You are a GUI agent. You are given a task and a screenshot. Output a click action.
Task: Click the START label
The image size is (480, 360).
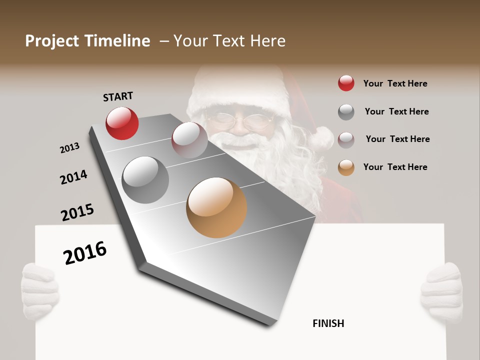click(118, 96)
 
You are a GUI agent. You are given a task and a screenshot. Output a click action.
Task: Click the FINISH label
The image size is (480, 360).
click(328, 323)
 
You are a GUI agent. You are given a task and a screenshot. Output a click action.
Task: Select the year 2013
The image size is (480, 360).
click(69, 148)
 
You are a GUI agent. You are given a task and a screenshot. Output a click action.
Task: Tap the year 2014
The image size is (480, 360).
click(73, 177)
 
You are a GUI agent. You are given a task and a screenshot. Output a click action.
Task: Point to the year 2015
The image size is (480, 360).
click(77, 212)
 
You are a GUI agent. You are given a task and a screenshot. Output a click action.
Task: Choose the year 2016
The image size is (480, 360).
click(85, 252)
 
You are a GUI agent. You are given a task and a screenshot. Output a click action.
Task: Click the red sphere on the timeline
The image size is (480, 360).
click(122, 123)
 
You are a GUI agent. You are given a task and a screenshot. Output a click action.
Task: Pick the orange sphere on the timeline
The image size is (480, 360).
click(216, 207)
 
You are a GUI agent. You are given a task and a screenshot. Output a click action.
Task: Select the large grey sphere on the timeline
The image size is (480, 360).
click(145, 180)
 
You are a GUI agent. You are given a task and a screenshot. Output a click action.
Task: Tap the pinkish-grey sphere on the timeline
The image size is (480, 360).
click(189, 140)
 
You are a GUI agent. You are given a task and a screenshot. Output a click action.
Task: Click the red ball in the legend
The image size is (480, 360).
click(346, 83)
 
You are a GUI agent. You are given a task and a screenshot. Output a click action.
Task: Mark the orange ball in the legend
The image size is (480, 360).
click(346, 167)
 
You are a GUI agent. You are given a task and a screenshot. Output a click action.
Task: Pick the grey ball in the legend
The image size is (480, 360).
click(346, 112)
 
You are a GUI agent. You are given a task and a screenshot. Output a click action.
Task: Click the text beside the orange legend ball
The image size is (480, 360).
click(395, 167)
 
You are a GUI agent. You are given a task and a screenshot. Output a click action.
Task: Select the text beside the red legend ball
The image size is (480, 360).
click(395, 83)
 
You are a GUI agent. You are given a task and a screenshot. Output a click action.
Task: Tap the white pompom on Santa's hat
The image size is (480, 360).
click(320, 138)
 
